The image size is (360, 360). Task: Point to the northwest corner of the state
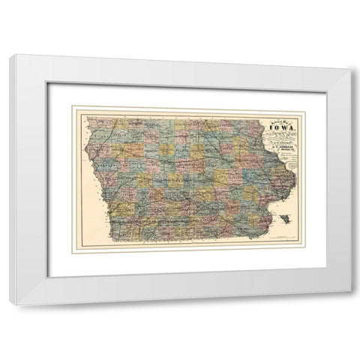pos(88,118)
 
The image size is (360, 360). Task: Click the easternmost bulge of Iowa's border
pos(295,177)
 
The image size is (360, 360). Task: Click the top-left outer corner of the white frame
pos(10,55)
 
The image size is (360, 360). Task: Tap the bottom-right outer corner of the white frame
pos(350,304)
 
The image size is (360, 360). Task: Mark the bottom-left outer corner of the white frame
pos(10,304)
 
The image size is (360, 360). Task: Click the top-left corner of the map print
pos(72,106)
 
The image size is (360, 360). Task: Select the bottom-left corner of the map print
pos(72,253)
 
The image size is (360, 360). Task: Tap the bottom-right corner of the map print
pos(307,253)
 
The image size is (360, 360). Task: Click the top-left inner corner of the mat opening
pos(48,82)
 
